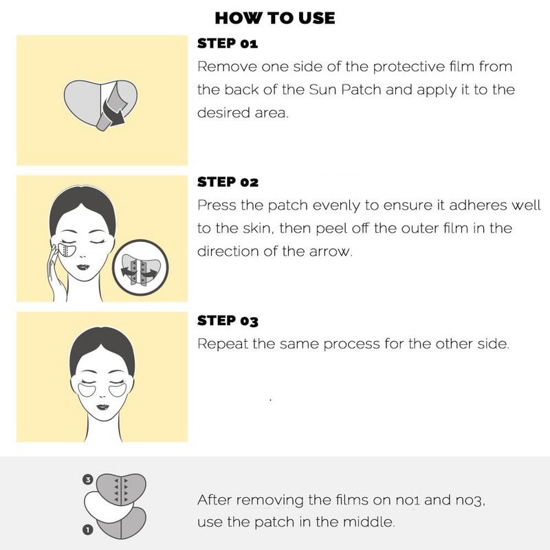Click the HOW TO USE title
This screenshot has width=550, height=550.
[274, 19]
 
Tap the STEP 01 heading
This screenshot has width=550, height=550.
[228, 43]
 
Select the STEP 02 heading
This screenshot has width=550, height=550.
[228, 182]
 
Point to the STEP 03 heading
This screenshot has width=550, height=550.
[228, 320]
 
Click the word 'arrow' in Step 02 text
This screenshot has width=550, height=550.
[331, 252]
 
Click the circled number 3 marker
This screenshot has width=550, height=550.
[88, 479]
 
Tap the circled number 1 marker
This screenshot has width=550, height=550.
[88, 529]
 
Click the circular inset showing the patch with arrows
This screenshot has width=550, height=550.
[141, 268]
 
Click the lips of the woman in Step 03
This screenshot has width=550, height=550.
[102, 407]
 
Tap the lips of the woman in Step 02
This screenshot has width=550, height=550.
[82, 267]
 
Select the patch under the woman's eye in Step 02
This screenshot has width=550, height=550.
[67, 250]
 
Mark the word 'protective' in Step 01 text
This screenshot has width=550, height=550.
[409, 67]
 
